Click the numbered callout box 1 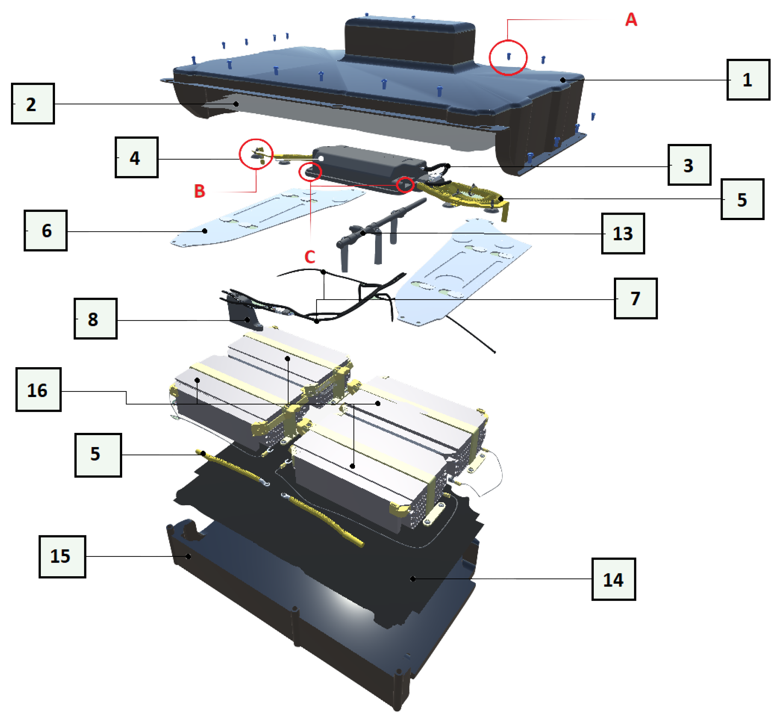pos(748,80)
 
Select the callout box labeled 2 pos(33,103)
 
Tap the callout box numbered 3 pos(689,165)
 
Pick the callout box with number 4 pos(136,157)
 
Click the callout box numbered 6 pos(46,230)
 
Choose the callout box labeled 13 pos(623,234)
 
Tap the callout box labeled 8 pos(96,318)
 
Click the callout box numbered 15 pos(62,556)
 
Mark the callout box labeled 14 pos(614,579)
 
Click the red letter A pos(631,19)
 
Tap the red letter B pos(199,191)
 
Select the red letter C pos(309,257)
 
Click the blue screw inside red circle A pos(508,57)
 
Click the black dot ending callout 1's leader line pos(563,80)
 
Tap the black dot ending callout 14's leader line pos(413,579)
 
